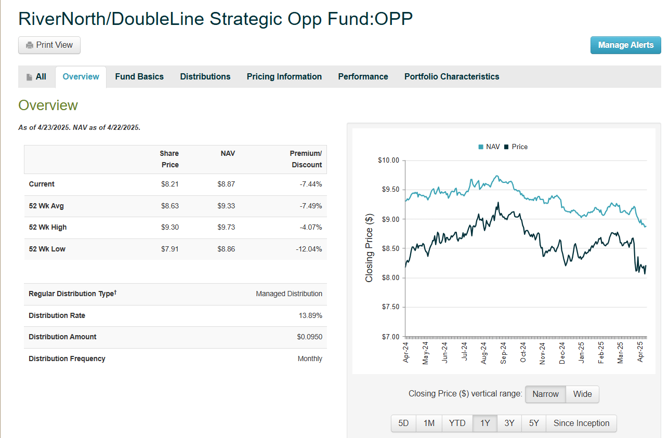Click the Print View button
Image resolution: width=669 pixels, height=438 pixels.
pyautogui.click(x=49, y=45)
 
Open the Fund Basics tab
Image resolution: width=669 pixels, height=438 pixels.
pyautogui.click(x=139, y=77)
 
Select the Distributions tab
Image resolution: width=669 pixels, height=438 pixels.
pyautogui.click(x=205, y=77)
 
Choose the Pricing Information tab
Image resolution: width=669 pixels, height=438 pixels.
pyautogui.click(x=284, y=77)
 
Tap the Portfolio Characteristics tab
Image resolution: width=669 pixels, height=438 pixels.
pyautogui.click(x=452, y=77)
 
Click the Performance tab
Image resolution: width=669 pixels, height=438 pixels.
pyautogui.click(x=363, y=77)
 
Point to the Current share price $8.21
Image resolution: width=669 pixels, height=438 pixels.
pyautogui.click(x=170, y=184)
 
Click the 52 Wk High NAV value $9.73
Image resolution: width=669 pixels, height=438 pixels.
pyautogui.click(x=226, y=228)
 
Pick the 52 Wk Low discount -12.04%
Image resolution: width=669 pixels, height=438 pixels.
pyautogui.click(x=308, y=249)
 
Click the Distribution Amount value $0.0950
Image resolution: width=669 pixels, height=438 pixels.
pyautogui.click(x=309, y=337)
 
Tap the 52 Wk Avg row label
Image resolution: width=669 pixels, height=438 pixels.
pyautogui.click(x=46, y=206)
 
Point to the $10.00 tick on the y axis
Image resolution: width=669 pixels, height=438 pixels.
pyautogui.click(x=388, y=161)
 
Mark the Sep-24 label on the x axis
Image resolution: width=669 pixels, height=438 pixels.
pyautogui.click(x=503, y=352)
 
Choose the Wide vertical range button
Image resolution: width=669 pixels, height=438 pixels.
pyautogui.click(x=582, y=394)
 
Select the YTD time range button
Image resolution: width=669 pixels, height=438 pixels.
pyautogui.click(x=457, y=423)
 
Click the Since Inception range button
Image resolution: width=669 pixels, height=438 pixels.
pyautogui.click(x=581, y=423)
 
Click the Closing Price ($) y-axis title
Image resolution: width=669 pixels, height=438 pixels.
pyautogui.click(x=369, y=248)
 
